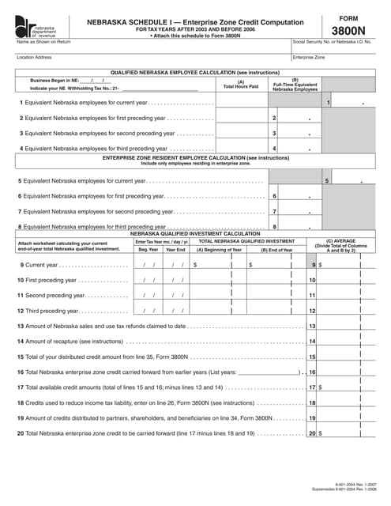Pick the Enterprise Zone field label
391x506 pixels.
pyautogui.click(x=309, y=58)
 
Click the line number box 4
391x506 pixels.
pyautogui.click(x=274, y=148)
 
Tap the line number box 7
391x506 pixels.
pyautogui.click(x=274, y=212)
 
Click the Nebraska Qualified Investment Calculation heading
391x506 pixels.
pyautogui.click(x=195, y=234)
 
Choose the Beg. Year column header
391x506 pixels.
pyautogui.click(x=149, y=249)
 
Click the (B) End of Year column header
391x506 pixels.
pyautogui.click(x=276, y=249)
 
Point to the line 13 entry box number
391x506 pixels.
pyautogui.click(x=312, y=326)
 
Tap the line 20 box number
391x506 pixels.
pyautogui.click(x=312, y=433)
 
